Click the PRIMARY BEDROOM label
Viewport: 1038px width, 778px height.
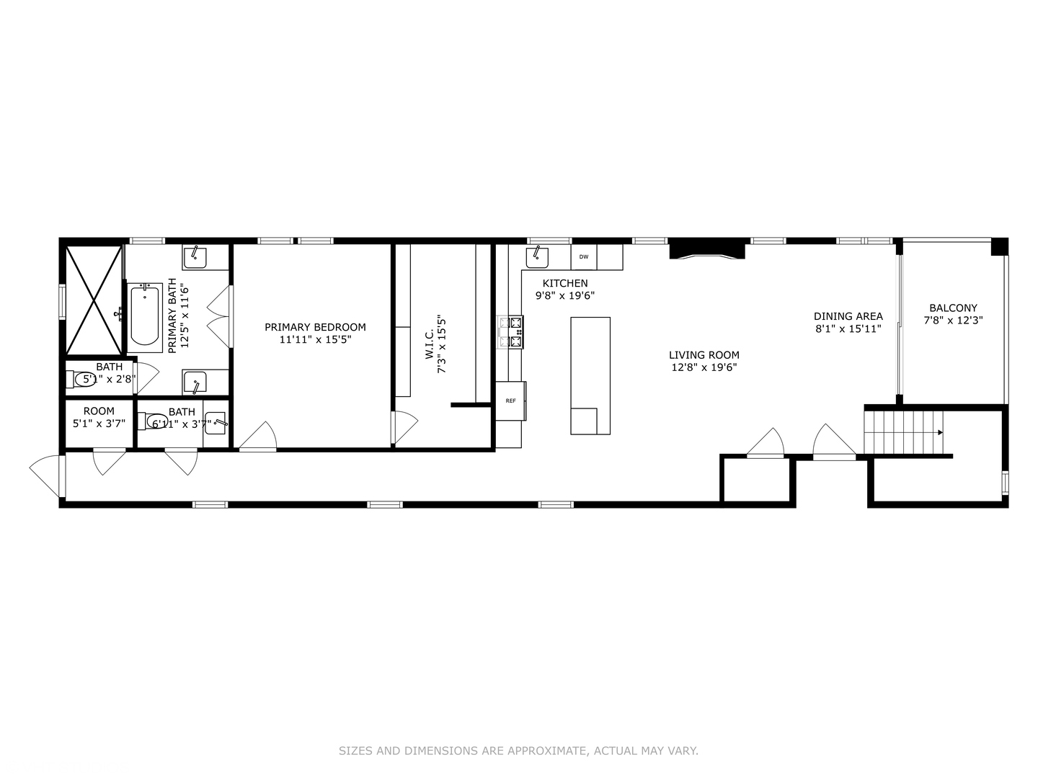pos(315,327)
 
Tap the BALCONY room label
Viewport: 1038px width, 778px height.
pos(953,308)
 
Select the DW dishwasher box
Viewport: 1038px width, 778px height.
pos(583,256)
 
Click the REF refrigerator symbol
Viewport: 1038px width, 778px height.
pos(510,401)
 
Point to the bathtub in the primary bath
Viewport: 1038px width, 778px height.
pos(145,316)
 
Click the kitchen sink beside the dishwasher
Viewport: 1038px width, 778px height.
pos(536,256)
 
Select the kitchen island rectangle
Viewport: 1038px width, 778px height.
pos(590,375)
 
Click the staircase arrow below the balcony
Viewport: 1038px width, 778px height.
pos(939,433)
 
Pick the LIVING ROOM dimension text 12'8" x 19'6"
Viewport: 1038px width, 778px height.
pos(704,367)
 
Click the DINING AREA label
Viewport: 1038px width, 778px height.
pos(848,316)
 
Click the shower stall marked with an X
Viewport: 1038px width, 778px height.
pos(94,298)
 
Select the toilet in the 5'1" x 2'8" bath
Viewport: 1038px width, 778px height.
pos(83,379)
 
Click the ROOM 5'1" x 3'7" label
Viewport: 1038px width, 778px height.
pos(99,411)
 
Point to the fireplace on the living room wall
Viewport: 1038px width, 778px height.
pos(706,251)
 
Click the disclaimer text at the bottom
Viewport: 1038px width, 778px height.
pos(518,751)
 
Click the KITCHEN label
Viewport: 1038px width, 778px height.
pos(565,283)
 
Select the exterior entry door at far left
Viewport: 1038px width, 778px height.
pos(47,475)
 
